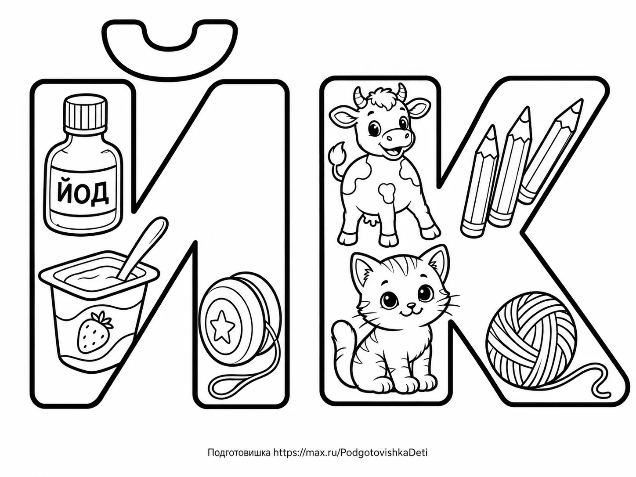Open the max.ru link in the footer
point(351,452)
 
